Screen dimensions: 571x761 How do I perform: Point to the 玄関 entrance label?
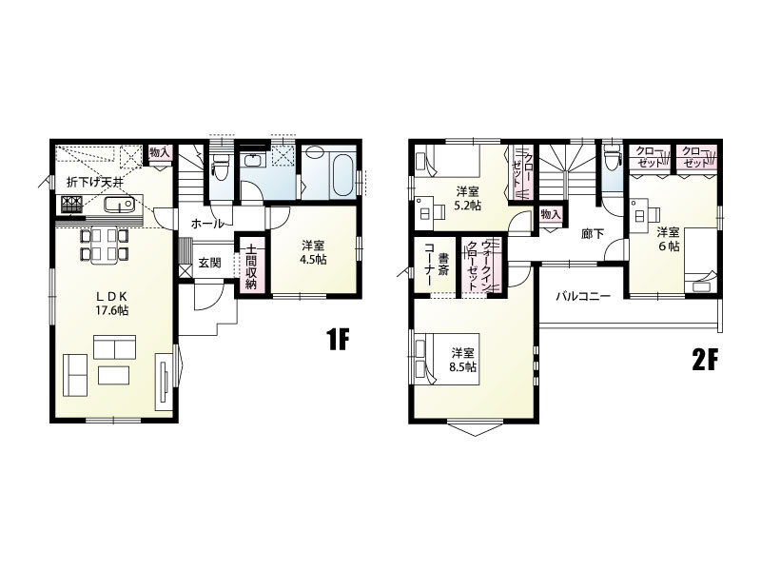[x=210, y=263]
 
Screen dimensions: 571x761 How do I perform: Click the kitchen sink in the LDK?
[x=112, y=207]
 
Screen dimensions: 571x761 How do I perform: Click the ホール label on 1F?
[x=207, y=224]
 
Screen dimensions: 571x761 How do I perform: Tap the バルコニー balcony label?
[x=582, y=296]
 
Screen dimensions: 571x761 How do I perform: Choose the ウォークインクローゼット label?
[x=479, y=260]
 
